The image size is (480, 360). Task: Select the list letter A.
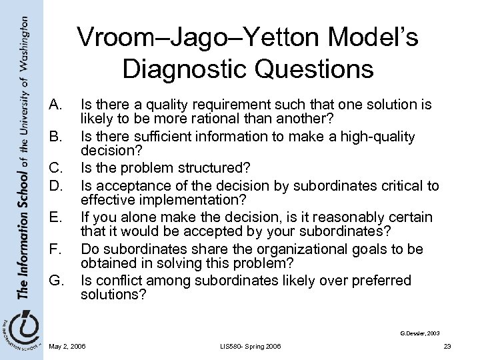(x=56, y=105)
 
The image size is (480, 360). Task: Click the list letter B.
(x=56, y=137)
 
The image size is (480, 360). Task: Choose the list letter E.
(x=56, y=217)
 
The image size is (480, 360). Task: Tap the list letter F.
(x=56, y=249)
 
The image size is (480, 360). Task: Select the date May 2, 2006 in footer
(x=67, y=345)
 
